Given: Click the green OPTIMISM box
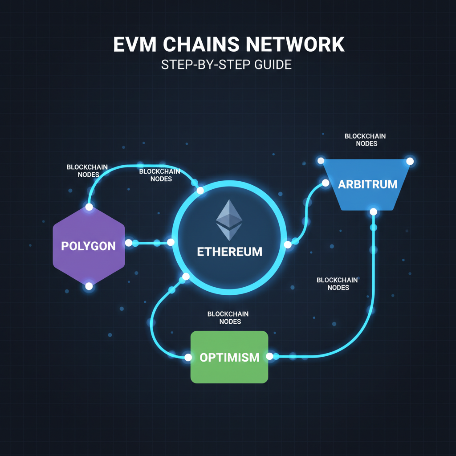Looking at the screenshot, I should pos(229,357).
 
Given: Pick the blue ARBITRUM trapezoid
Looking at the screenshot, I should pos(367,184).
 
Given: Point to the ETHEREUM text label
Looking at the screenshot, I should pos(229,252).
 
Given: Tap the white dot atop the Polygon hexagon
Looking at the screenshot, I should pos(89,207).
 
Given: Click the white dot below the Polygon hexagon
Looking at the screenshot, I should pos(89,286).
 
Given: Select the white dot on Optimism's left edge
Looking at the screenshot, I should pos(188,357).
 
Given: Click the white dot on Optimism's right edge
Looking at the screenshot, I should pos(269,356).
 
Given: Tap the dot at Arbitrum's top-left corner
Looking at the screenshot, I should pos(320,161).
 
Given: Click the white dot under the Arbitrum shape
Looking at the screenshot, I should pos(374,212).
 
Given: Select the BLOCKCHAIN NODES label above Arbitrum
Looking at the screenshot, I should pos(365,140).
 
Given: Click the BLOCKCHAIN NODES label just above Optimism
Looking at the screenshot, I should pos(228,318).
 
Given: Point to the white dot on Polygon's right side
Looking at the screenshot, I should pos(129,243).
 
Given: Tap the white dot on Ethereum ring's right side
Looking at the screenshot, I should pos(287,244).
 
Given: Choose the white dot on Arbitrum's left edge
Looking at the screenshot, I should pos(325,183).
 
